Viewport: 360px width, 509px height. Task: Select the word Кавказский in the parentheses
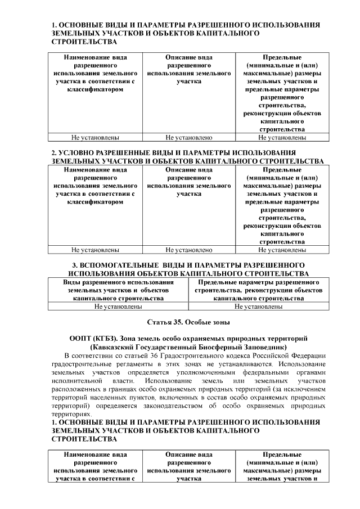pyautogui.click(x=119, y=348)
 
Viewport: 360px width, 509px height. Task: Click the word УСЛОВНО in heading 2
pyautogui.click(x=80, y=153)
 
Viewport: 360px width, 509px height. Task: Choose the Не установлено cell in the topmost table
pyautogui.click(x=188, y=137)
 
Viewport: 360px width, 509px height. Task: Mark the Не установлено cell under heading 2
pyautogui.click(x=188, y=250)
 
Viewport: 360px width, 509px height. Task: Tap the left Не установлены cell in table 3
pyautogui.click(x=118, y=307)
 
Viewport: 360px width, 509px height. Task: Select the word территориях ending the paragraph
pyautogui.click(x=73, y=413)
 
